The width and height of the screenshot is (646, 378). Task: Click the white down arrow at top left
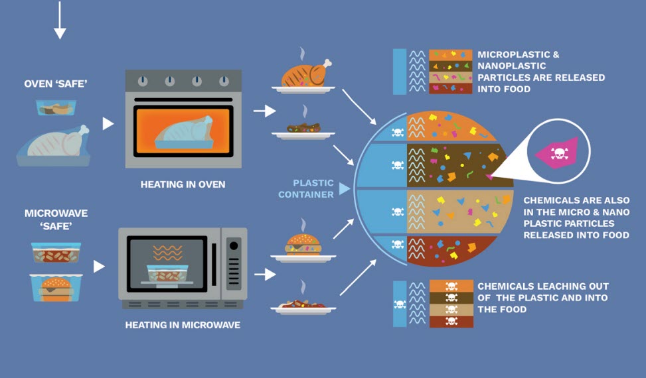(60, 20)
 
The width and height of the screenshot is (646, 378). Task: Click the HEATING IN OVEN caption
(183, 184)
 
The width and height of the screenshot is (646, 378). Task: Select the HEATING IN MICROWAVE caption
(183, 326)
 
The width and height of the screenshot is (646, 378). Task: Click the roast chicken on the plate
(305, 74)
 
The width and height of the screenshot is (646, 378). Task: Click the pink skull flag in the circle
(557, 153)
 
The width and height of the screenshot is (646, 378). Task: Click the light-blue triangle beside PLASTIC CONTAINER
(343, 189)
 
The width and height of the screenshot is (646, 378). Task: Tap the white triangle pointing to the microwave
(100, 267)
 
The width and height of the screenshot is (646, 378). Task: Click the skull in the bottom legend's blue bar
(400, 304)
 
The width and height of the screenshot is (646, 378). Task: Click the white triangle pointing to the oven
(108, 123)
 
